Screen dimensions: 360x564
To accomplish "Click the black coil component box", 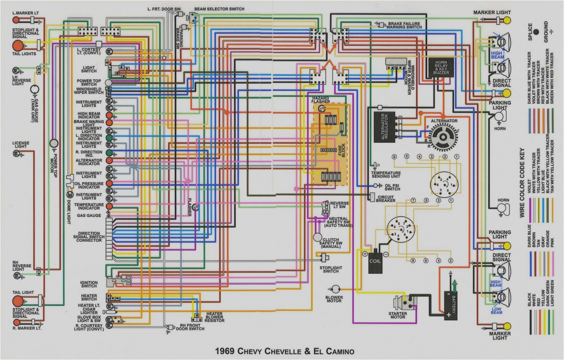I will [x=375, y=261].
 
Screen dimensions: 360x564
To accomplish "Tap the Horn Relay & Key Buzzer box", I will [x=441, y=68].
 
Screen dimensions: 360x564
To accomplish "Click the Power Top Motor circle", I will [x=54, y=144].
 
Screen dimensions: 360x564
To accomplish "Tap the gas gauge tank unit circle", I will [x=34, y=89].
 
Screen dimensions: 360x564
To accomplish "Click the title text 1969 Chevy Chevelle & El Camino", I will [x=284, y=351].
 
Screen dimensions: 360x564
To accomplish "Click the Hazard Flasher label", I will [x=320, y=100].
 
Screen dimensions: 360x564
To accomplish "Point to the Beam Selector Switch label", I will [x=219, y=9].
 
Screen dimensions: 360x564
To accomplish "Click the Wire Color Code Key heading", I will [x=522, y=183].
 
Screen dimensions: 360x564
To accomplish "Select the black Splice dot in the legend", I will [x=536, y=32].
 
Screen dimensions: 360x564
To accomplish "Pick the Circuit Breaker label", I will [x=386, y=199].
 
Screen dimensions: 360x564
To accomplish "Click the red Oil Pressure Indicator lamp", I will [x=109, y=183].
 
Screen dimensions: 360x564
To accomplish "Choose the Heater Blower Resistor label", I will [x=214, y=317].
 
